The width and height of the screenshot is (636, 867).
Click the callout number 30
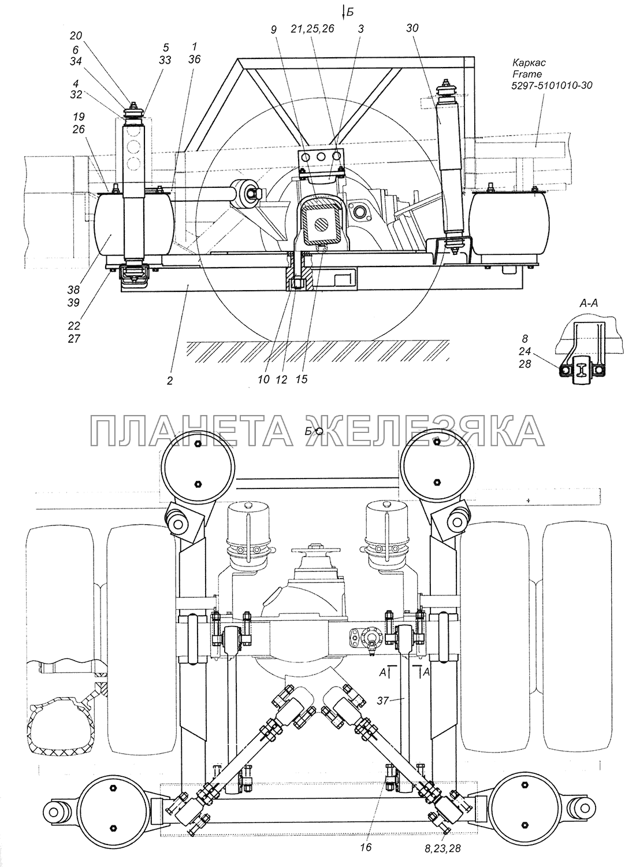click(411, 28)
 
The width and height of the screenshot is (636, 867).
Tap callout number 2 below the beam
click(169, 381)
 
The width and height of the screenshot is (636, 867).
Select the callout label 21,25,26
click(313, 28)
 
